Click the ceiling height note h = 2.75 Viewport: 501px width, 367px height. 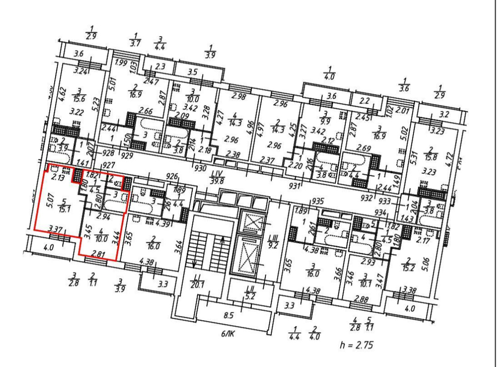(355, 345)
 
